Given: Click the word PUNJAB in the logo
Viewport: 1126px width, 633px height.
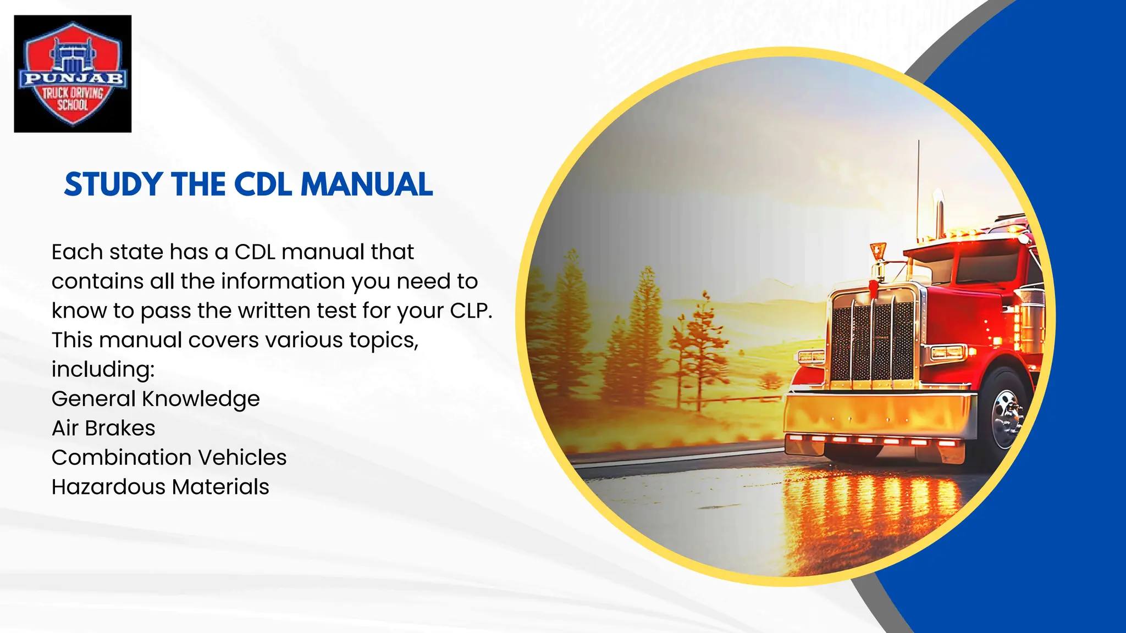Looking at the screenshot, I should pyautogui.click(x=73, y=79).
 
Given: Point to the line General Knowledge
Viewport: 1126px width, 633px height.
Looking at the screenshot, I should pyautogui.click(x=156, y=399).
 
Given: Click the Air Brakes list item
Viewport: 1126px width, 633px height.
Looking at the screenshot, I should pyautogui.click(x=103, y=428).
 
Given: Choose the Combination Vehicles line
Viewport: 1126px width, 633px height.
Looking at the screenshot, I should pyautogui.click(x=169, y=457).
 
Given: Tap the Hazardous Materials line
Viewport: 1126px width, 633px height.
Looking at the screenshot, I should pyautogui.click(x=160, y=487).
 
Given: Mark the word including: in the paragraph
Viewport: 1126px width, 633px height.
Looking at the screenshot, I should pyautogui.click(x=103, y=369).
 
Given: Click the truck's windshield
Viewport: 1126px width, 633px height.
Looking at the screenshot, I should pyautogui.click(x=979, y=266).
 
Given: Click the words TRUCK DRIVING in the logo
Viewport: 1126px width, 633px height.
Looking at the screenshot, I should pyautogui.click(x=73, y=93).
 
